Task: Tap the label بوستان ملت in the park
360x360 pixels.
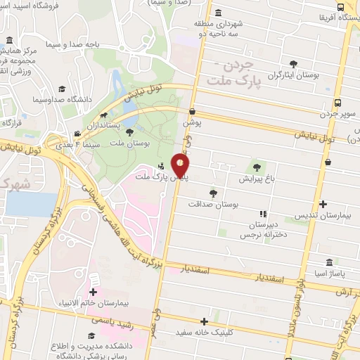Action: [x=131, y=143]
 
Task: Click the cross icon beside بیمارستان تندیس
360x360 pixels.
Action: [x=323, y=205]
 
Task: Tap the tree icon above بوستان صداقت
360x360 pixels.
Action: [x=213, y=193]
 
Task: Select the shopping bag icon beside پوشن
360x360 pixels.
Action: [x=192, y=110]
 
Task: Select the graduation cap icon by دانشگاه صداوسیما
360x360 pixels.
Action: [x=62, y=89]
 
